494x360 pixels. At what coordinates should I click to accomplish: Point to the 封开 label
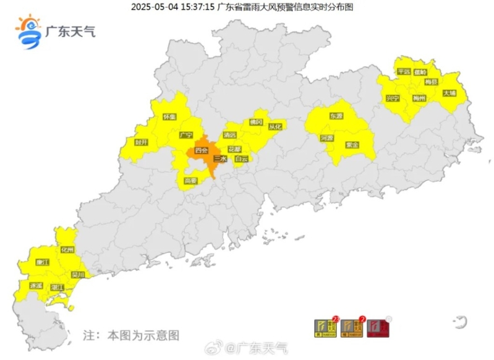pyautogui.click(x=142, y=142)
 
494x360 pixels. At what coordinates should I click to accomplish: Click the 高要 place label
pyautogui.click(x=190, y=181)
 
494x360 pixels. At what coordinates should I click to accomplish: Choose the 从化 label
pyautogui.click(x=275, y=126)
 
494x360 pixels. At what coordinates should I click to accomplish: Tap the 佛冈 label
pyautogui.click(x=256, y=122)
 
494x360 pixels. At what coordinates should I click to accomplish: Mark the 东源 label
pyautogui.click(x=336, y=116)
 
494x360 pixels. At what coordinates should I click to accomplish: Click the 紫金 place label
pyautogui.click(x=352, y=145)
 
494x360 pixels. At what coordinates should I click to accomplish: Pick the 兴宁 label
pyautogui.click(x=393, y=98)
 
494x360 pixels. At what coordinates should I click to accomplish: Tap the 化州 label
pyautogui.click(x=67, y=250)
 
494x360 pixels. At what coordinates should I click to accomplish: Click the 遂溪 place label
pyautogui.click(x=36, y=286)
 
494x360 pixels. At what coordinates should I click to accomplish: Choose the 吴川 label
pyautogui.click(x=78, y=274)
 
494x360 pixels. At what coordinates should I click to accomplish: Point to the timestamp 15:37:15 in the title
pyautogui.click(x=197, y=7)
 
